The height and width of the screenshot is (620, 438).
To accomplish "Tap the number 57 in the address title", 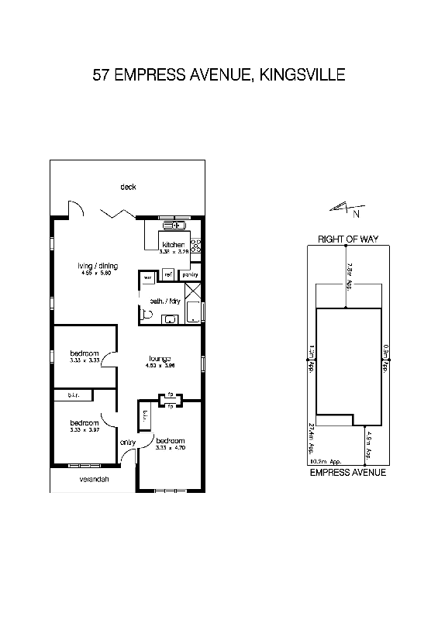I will tap(101, 75).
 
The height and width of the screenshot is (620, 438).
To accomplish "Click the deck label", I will tap(128, 187).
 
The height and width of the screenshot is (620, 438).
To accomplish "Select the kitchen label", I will tap(174, 245).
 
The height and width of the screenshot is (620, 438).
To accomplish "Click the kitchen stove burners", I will tap(196, 246).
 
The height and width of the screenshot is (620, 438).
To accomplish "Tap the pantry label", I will tap(189, 274).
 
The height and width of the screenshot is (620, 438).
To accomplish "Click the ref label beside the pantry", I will tap(168, 274).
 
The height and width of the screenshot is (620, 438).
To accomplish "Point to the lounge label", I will tap(160, 359).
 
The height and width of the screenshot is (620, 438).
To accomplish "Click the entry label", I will tap(128, 443).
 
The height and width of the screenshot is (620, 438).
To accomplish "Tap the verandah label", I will tap(93, 480).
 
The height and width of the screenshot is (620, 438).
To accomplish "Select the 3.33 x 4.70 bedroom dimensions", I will tap(170, 448).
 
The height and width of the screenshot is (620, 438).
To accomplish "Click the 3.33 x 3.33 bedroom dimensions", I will tap(84, 360).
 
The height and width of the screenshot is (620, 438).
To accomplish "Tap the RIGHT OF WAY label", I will tap(348, 239).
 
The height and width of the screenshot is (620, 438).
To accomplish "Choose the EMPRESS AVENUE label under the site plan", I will tap(348, 472).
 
